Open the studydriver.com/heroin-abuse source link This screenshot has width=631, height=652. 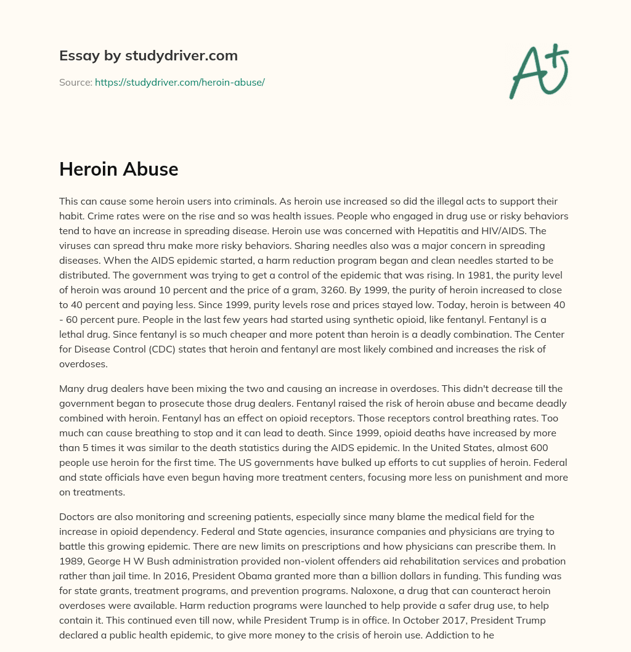coord(179,82)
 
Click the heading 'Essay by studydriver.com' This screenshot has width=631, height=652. coord(148,55)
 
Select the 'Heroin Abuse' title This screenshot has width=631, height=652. coord(118,169)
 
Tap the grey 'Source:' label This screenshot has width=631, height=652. coord(75,82)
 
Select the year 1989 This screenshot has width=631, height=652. coord(72,562)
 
